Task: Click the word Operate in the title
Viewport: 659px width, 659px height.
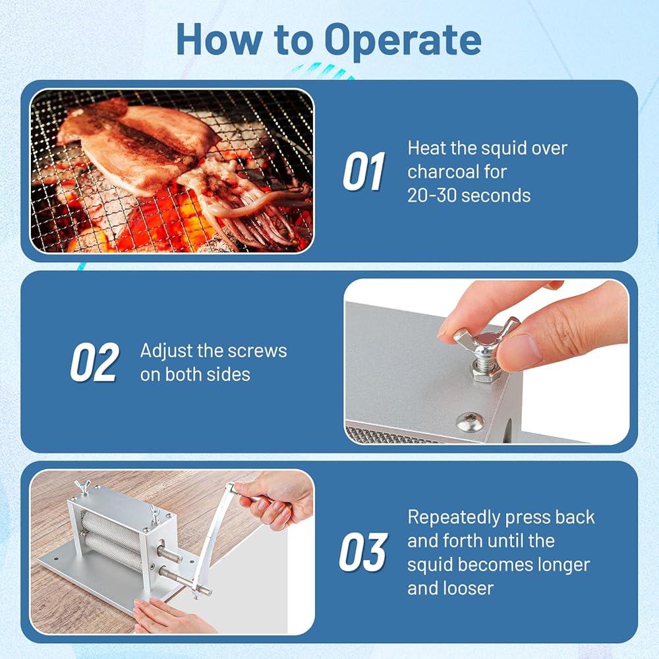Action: point(403,41)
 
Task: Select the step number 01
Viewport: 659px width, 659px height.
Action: point(364,171)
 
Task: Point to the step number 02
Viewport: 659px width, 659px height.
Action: point(95,362)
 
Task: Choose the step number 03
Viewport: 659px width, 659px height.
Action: point(364,552)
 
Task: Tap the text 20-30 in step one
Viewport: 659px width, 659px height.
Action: point(430,196)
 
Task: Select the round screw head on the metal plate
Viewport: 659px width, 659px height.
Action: point(469,420)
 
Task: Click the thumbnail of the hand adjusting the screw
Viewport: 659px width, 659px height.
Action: point(487,361)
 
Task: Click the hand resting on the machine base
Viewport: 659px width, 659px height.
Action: point(168,616)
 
